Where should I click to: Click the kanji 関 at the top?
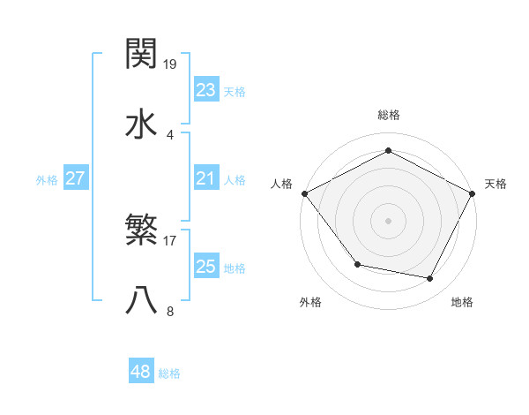(142, 55)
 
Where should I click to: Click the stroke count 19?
(171, 64)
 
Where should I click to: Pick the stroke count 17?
(171, 240)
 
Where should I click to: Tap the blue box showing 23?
(206, 90)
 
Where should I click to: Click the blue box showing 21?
(206, 178)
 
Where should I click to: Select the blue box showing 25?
(206, 267)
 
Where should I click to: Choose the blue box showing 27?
(75, 178)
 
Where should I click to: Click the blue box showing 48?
(141, 372)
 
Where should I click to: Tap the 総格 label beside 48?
(169, 373)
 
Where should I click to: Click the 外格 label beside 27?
(47, 180)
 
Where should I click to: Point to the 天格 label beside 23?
(235, 92)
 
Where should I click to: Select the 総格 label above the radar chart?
(388, 115)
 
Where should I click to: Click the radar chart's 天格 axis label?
(496, 184)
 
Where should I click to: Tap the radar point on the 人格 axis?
(304, 192)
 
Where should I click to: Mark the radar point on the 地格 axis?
(430, 278)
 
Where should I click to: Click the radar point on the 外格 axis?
(357, 264)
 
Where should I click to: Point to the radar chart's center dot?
(388, 220)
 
